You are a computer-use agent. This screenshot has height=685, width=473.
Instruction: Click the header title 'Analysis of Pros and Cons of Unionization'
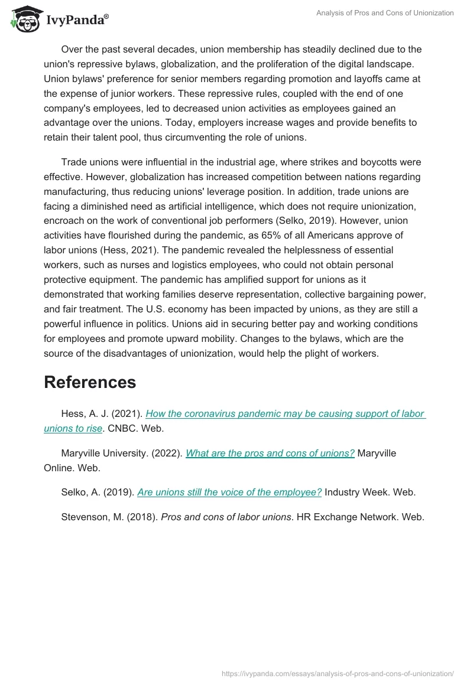point(385,13)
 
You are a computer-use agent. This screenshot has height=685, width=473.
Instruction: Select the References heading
point(90,382)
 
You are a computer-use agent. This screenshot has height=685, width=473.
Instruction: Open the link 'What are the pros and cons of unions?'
point(270,453)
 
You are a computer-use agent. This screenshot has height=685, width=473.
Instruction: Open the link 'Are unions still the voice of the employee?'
point(229,492)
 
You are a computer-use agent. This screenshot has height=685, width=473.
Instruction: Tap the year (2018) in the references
point(141,517)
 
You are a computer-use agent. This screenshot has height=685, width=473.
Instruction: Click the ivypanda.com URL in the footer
point(336,673)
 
